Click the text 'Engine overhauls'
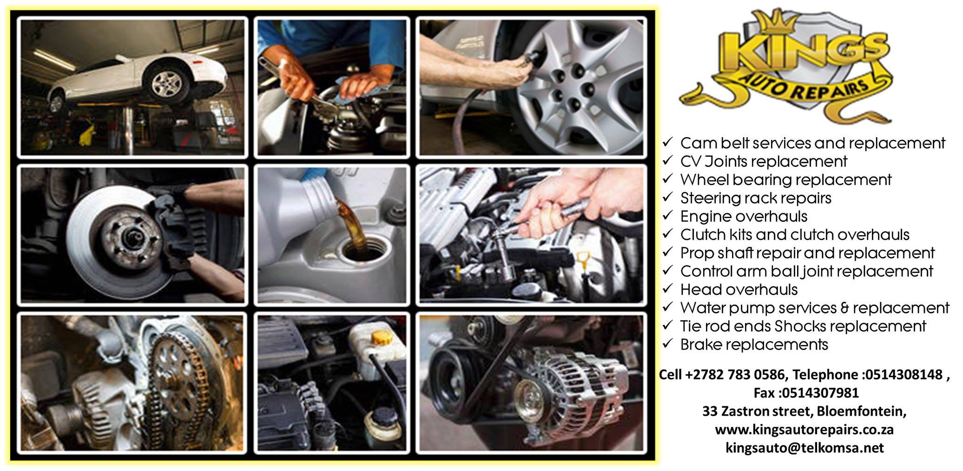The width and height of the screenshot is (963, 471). pyautogui.click(x=744, y=216)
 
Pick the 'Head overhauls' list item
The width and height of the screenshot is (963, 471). pyautogui.click(x=739, y=289)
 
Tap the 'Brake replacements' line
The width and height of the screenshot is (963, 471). pyautogui.click(x=754, y=345)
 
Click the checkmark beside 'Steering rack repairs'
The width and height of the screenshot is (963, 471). pyautogui.click(x=668, y=197)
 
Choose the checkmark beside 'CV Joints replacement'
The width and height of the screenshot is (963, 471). pyautogui.click(x=668, y=160)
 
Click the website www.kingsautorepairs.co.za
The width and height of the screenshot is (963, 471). pyautogui.click(x=805, y=429)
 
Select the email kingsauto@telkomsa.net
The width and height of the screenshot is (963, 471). pyautogui.click(x=805, y=448)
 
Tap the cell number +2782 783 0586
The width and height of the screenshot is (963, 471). pyautogui.click(x=736, y=375)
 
